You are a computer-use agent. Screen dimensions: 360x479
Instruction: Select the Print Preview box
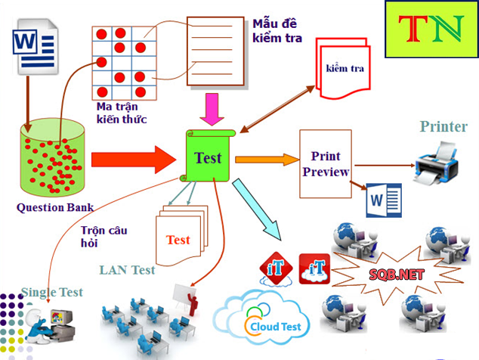(326, 163)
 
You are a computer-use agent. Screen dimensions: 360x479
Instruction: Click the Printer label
(443, 126)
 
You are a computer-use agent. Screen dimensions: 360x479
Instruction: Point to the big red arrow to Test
(132, 160)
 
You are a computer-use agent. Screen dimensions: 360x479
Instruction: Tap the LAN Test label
(127, 270)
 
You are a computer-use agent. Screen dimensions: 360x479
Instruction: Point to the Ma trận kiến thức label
(122, 113)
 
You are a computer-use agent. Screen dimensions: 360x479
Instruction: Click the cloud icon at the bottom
(261, 319)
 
